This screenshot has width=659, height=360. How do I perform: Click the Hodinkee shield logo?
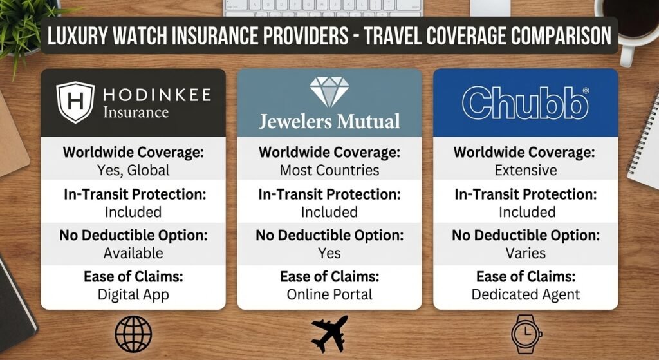tap(75, 102)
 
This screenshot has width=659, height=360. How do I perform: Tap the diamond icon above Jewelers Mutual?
tap(329, 92)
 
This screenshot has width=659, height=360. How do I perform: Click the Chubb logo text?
tap(525, 103)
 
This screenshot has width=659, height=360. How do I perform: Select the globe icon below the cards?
tap(133, 335)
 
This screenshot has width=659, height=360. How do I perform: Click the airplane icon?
tap(329, 334)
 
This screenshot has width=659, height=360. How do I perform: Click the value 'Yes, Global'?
tap(133, 171)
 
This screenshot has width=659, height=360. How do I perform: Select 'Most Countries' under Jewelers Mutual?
tap(329, 171)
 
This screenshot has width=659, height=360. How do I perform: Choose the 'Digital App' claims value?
tap(133, 295)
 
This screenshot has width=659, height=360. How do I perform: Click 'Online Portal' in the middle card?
tap(329, 295)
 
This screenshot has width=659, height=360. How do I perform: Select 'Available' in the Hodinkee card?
tap(133, 254)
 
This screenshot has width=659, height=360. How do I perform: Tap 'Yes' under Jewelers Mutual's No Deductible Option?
tap(329, 254)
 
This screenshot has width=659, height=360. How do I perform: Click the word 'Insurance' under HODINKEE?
tap(136, 113)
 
